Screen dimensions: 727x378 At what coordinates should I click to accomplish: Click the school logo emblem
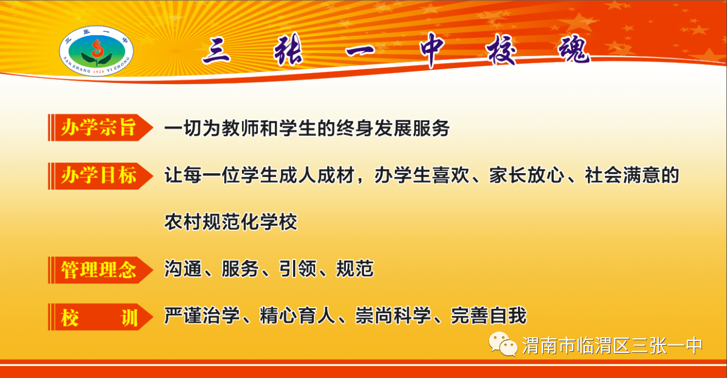pos(97,51)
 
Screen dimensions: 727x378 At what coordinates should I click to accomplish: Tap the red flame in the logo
pos(97,48)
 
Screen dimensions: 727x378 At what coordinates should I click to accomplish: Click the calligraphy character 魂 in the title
pos(574,49)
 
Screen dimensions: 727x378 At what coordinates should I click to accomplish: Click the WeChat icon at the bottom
pos(503,344)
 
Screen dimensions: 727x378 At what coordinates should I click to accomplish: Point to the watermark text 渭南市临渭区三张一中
pos(612,346)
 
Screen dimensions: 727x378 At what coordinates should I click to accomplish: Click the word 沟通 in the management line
pos(183,269)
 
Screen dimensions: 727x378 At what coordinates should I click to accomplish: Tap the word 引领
pos(298,269)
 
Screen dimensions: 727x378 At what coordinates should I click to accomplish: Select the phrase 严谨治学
pos(202,316)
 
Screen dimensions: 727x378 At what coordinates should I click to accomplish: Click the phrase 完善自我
pos(489,316)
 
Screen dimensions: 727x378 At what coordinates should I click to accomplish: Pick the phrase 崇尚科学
pos(393,316)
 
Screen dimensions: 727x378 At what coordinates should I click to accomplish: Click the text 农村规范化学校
pos(231,222)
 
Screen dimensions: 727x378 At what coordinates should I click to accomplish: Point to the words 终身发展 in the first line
pos(374,128)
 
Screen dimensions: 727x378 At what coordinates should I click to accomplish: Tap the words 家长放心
pos(527,175)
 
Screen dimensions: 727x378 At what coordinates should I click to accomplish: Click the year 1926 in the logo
pos(99,72)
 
